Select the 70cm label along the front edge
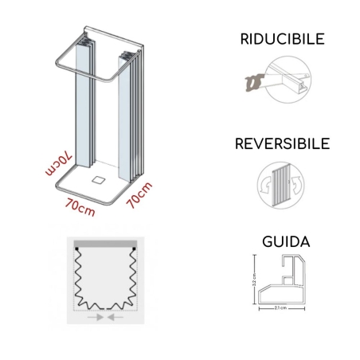[x=81, y=209]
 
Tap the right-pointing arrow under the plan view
[x=98, y=317]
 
